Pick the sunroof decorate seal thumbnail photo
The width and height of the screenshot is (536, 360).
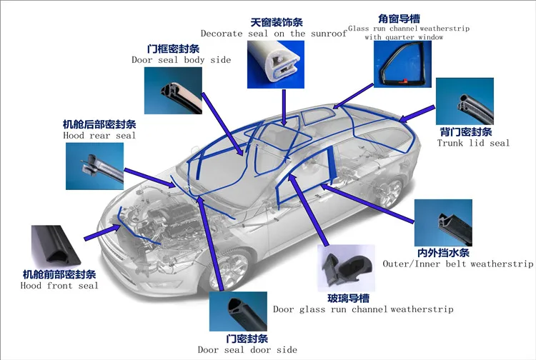click(277, 65)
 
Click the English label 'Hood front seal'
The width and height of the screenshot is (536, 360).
click(59, 286)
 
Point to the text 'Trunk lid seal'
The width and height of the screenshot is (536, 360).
click(473, 143)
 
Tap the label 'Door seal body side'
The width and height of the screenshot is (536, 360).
click(181, 60)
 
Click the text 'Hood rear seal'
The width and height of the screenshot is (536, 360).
click(99, 135)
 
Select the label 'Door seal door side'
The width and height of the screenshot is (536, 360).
click(247, 349)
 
